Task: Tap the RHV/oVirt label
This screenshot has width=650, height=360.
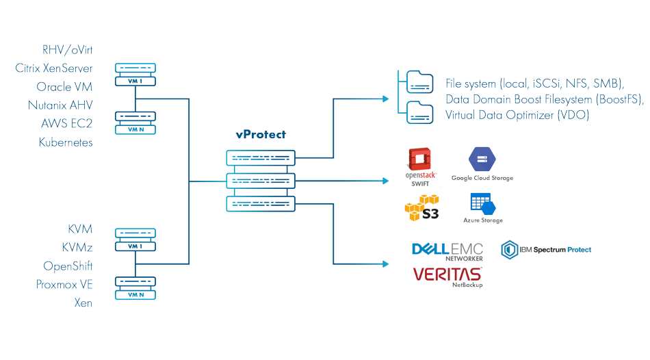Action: pos(67,49)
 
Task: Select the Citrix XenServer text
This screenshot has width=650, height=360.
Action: pos(54,68)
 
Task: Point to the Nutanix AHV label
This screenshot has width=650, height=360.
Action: pos(60,105)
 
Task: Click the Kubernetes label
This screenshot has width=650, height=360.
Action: pos(66,142)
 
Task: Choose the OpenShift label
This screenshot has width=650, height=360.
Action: pos(68,266)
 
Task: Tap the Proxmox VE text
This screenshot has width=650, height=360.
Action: pos(64,284)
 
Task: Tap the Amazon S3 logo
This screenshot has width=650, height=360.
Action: pos(421,207)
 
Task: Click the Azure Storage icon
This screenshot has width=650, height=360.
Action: pos(482,204)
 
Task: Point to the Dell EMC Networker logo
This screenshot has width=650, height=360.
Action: pos(447,250)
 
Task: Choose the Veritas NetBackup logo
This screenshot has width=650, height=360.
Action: pos(447,275)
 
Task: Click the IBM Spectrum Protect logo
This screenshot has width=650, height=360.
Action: pos(546,250)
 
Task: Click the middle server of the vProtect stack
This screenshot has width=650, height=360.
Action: pos(260,181)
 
